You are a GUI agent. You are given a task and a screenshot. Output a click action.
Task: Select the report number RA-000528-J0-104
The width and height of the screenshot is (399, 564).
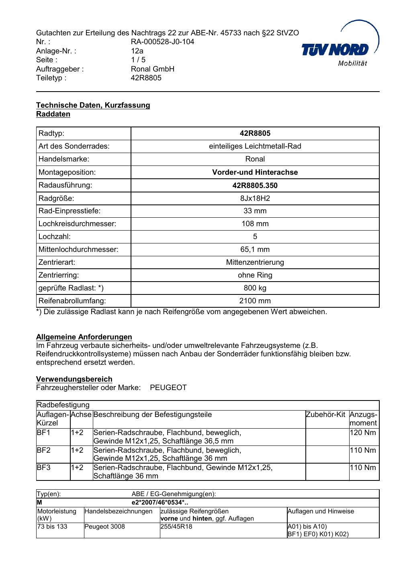click(162, 42)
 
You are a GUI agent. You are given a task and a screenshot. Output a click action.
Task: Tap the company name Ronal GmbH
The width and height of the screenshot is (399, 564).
click(152, 69)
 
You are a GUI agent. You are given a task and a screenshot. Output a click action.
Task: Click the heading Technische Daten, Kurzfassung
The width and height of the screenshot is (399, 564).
click(93, 105)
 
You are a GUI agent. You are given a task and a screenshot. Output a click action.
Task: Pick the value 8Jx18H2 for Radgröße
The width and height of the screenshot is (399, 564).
click(255, 198)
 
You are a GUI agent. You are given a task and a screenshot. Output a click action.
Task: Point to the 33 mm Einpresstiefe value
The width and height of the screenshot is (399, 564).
click(255, 211)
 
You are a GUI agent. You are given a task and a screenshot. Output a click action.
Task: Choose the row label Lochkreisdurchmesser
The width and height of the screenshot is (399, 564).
click(77, 224)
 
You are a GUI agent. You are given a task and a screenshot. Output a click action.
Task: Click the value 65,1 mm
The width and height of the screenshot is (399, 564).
click(255, 249)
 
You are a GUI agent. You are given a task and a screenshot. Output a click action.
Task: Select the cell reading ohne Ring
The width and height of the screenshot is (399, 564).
click(255, 275)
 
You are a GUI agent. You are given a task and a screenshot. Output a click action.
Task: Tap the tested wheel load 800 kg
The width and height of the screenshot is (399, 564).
click(255, 288)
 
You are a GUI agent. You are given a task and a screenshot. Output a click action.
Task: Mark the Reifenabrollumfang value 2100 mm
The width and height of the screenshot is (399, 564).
click(255, 301)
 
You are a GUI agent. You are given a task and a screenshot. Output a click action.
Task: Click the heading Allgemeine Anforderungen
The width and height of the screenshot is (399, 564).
click(84, 337)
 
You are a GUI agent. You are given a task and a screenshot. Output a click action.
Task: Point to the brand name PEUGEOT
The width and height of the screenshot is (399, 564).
click(168, 388)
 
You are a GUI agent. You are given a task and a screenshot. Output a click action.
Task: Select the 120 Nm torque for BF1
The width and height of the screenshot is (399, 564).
click(363, 433)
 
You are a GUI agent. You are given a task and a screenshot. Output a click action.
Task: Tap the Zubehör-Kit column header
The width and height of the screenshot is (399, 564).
click(325, 415)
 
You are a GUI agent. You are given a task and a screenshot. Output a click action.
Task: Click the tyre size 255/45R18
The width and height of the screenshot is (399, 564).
click(176, 527)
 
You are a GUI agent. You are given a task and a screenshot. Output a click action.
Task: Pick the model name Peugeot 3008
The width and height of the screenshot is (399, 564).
click(104, 527)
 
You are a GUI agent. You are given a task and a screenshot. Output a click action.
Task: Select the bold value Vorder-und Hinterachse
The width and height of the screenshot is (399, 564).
click(255, 172)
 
